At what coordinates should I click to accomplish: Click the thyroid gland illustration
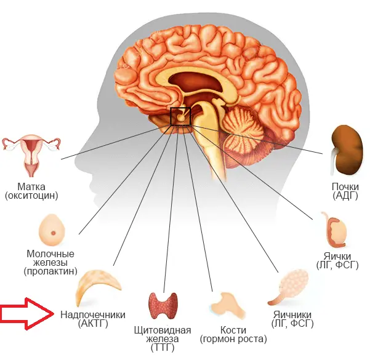point(163,306)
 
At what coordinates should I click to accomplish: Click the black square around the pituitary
point(181,116)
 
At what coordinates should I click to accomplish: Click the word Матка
point(31,186)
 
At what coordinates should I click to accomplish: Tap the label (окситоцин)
point(31,196)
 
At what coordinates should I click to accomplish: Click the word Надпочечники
point(93,314)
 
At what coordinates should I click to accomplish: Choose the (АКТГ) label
point(93,324)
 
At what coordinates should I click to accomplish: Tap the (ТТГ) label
point(163,349)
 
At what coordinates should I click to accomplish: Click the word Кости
point(233,329)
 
